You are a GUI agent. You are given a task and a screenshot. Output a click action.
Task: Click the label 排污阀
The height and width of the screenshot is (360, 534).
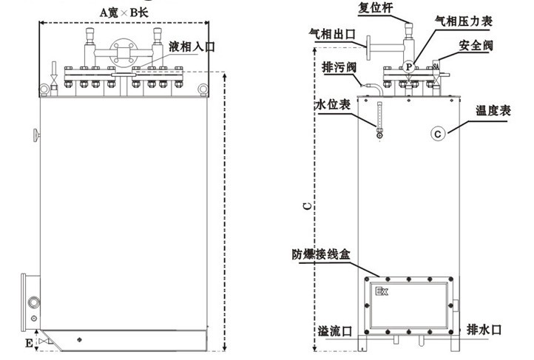click(x=339, y=67)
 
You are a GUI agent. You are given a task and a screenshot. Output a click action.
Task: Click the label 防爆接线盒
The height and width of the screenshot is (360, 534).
click(x=325, y=254)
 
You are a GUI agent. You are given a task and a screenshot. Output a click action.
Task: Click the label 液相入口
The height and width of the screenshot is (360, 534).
click(x=192, y=46)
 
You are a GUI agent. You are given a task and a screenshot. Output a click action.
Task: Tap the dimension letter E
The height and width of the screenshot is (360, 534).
click(x=29, y=343)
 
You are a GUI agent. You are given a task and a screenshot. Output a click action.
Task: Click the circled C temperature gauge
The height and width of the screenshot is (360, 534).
click(x=439, y=134)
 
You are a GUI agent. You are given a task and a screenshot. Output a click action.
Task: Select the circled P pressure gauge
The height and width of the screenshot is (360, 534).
click(x=409, y=67)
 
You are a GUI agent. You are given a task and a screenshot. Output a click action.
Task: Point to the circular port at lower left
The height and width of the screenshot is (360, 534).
click(x=33, y=302)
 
